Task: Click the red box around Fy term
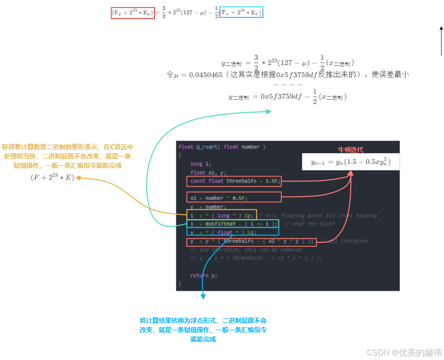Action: [133, 13]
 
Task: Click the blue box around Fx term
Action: [241, 13]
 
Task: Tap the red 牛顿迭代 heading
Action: [351, 150]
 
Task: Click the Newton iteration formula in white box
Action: [351, 162]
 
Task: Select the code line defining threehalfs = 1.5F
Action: [234, 181]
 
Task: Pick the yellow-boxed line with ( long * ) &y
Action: [222, 215]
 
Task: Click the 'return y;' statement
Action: [204, 275]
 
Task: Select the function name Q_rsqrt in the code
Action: [208, 147]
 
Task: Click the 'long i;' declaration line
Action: [200, 164]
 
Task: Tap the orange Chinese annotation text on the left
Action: [67, 156]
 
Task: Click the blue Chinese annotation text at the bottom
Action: [203, 329]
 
